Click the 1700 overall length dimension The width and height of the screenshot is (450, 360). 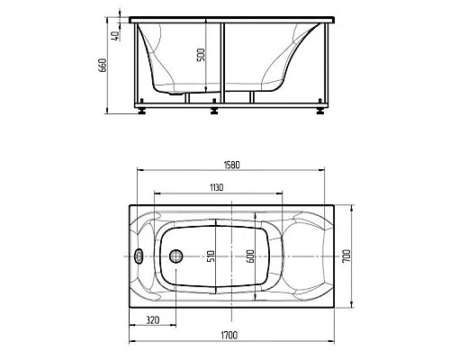pos(230,335)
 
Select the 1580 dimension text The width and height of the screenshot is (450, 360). pos(232,165)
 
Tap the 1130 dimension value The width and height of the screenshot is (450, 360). pos(217,188)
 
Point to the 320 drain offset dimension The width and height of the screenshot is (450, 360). pos(153,320)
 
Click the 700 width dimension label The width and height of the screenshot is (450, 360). pos(346,256)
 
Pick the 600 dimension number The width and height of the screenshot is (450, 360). pos(250,256)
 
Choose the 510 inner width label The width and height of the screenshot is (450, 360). pos(211,256)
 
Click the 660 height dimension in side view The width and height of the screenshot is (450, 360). pos(103,65)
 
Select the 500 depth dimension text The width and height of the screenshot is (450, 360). pos(201,55)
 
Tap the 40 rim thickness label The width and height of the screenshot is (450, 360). pos(116,35)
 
